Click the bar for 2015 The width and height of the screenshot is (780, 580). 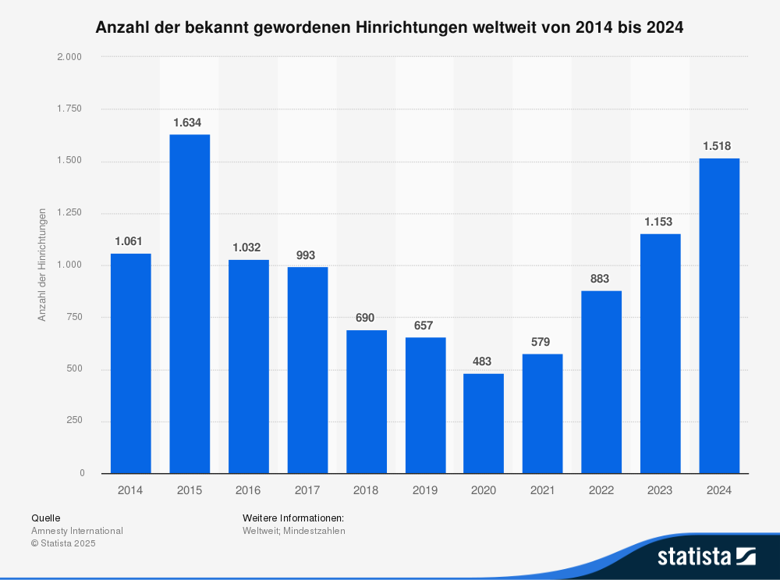point(190,304)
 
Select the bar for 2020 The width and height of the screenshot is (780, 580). point(484,423)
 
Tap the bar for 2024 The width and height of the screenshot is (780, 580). point(719,315)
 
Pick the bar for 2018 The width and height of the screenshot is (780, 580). point(367,401)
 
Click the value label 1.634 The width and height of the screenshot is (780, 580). point(190,123)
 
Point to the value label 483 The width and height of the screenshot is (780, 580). point(484,361)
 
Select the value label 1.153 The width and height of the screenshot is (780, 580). point(660,222)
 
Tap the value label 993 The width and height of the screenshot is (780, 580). point(307,254)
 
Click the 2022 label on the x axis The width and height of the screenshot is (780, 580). point(601,490)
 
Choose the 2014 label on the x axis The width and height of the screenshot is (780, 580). point(130,490)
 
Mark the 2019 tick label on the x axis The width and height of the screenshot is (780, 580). point(425,490)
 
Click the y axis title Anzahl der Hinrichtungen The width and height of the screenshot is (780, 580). point(43,265)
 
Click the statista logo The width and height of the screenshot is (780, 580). point(706,556)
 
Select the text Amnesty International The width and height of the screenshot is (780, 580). point(76,531)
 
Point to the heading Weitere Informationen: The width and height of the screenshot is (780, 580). point(293,518)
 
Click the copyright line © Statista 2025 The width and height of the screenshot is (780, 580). point(63,543)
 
